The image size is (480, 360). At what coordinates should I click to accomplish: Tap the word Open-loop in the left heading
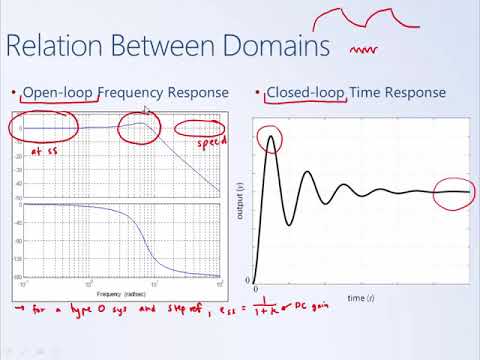tap(59, 93)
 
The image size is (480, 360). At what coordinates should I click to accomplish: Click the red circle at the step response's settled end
tap(454, 191)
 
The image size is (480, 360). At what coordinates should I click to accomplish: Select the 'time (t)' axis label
tap(359, 299)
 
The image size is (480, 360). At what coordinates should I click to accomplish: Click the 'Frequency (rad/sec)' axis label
tap(119, 295)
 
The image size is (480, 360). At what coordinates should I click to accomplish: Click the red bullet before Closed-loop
tap(258, 93)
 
